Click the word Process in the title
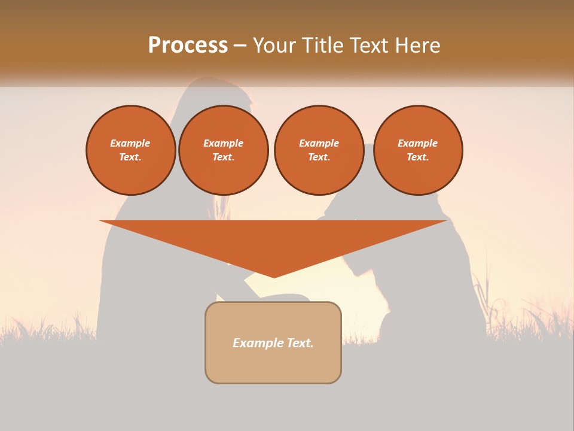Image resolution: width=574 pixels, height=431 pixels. [x=188, y=45]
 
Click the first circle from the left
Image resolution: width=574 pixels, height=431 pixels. [x=130, y=150]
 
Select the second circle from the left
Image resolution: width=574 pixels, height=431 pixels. [x=223, y=150]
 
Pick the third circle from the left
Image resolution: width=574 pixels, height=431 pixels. [x=319, y=150]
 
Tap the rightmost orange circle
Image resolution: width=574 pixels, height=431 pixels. [x=417, y=150]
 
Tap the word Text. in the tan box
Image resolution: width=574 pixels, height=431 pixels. [x=301, y=343]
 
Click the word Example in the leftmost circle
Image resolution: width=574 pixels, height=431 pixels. [x=130, y=144]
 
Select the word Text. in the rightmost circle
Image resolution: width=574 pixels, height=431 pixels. [x=417, y=157]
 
